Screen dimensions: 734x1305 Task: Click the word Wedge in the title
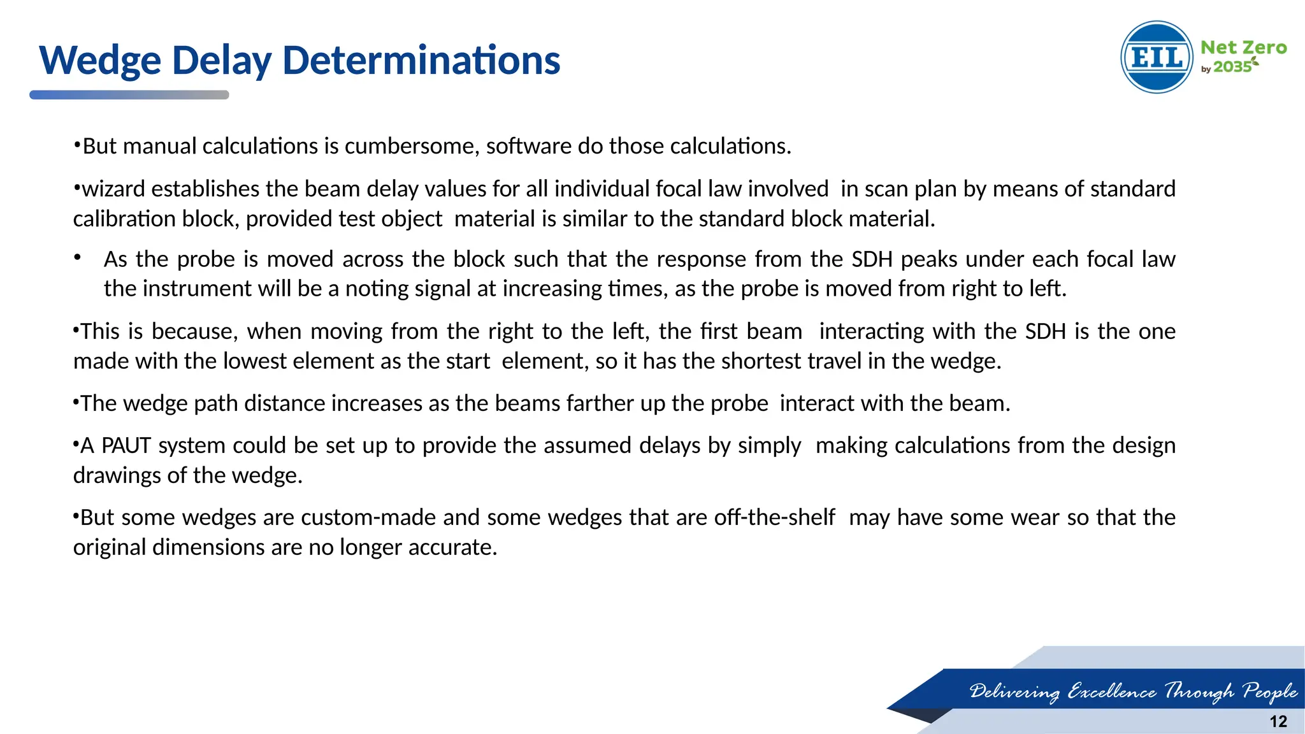point(101,61)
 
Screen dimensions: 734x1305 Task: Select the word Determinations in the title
point(421,61)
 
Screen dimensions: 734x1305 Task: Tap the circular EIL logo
point(1157,57)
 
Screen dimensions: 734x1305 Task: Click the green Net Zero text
point(1243,48)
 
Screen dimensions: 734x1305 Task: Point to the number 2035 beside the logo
point(1232,67)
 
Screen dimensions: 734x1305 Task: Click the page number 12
point(1278,721)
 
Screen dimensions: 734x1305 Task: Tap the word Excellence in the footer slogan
point(1111,691)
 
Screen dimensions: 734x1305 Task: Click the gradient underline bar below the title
point(129,95)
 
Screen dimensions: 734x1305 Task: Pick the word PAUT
point(126,445)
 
